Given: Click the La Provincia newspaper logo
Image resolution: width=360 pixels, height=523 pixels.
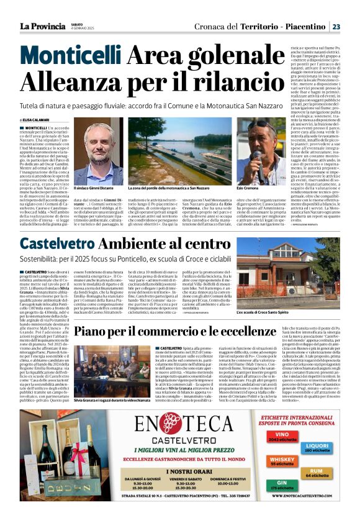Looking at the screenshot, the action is coord(42,26).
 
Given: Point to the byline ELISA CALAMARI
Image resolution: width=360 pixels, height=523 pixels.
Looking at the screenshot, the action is coord(38,119).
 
